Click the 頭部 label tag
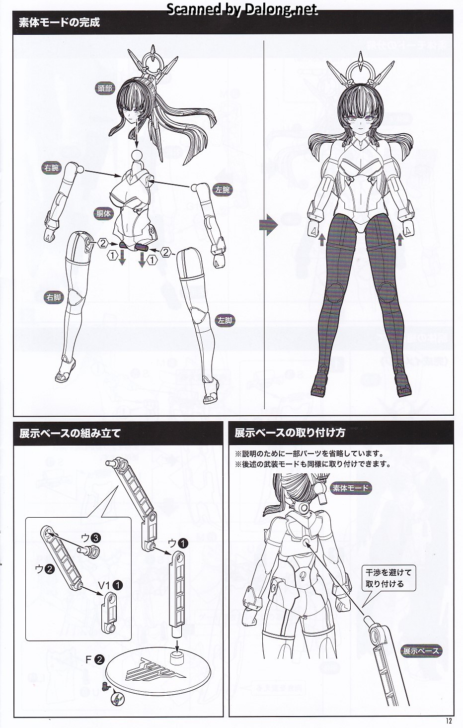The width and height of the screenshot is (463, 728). (x=104, y=88)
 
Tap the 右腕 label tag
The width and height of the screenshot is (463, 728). (x=52, y=168)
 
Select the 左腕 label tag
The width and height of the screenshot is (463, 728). (x=223, y=189)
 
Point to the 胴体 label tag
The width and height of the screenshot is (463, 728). (x=103, y=213)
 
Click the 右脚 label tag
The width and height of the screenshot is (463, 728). (x=54, y=297)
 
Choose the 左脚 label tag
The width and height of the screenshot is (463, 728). (x=225, y=321)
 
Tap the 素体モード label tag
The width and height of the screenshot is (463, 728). (x=351, y=488)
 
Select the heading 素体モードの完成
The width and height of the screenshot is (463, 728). (x=60, y=22)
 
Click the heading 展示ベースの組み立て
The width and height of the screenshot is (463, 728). (x=70, y=433)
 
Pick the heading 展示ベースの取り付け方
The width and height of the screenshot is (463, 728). (x=290, y=433)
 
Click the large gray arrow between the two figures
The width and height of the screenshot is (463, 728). (x=269, y=224)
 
